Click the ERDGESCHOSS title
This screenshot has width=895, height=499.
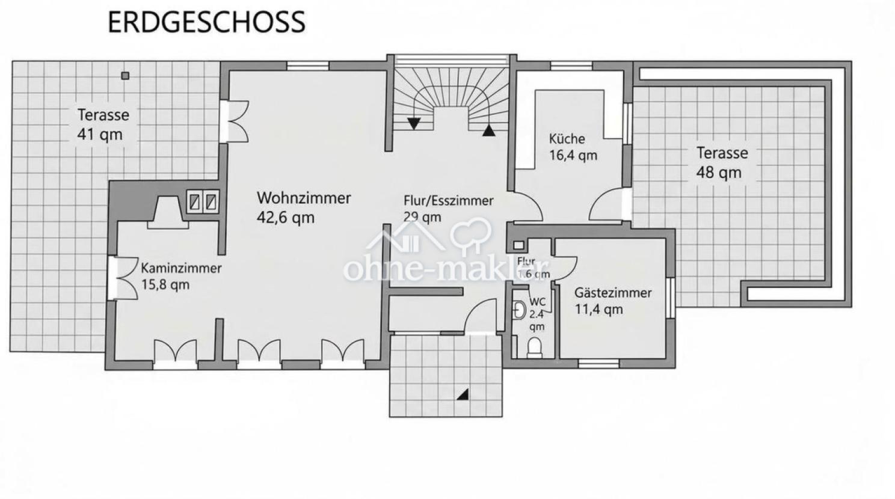[x=206, y=22]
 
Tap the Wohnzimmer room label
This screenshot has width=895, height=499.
[x=304, y=198]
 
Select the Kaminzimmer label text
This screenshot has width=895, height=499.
[x=182, y=268]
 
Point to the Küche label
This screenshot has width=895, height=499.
[x=567, y=139]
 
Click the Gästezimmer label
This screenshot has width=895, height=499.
[x=613, y=292]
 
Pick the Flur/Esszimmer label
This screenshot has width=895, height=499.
[x=449, y=201]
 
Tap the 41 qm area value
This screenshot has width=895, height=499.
[x=100, y=135]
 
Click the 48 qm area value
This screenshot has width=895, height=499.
[x=719, y=173]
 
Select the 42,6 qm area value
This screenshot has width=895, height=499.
[x=286, y=218]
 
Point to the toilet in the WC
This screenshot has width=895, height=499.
[x=534, y=347]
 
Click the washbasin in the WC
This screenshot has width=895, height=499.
[x=518, y=310]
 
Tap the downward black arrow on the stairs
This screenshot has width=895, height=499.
[x=414, y=123]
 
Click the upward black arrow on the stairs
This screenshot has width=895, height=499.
[x=488, y=130]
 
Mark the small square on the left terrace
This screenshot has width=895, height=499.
[x=126, y=76]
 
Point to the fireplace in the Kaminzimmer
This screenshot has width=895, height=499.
[x=168, y=212]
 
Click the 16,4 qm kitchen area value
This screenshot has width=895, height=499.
[x=573, y=155]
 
